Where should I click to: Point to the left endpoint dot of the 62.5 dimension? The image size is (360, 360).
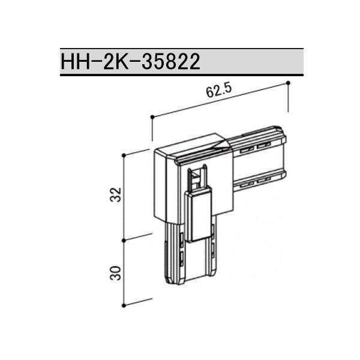(153, 116)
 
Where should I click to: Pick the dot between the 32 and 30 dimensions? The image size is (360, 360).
(124, 241)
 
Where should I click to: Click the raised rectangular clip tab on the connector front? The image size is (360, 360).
(199, 216)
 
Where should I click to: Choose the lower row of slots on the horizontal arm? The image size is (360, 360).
(253, 181)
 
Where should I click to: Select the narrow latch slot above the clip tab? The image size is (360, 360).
(197, 178)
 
